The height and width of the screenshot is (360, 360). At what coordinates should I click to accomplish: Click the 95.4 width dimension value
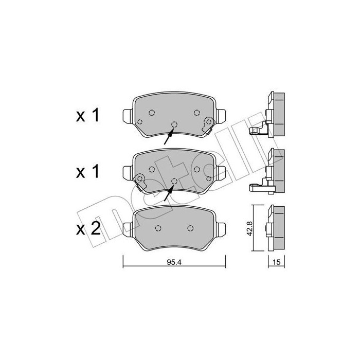(174, 262)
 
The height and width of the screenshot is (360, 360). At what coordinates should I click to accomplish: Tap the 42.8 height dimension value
(249, 228)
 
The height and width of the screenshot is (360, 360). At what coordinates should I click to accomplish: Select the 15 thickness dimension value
(277, 262)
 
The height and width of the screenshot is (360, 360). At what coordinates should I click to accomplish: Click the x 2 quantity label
(88, 229)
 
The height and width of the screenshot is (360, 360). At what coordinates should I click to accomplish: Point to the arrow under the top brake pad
(169, 136)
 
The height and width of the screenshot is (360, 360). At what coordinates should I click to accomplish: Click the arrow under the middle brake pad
(169, 193)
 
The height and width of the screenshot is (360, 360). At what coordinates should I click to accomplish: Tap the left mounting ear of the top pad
(128, 116)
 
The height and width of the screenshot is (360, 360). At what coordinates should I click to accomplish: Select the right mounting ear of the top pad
(221, 116)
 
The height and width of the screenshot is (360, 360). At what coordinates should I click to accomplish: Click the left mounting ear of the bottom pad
(128, 229)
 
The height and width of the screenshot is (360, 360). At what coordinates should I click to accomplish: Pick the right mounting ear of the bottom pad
(221, 229)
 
